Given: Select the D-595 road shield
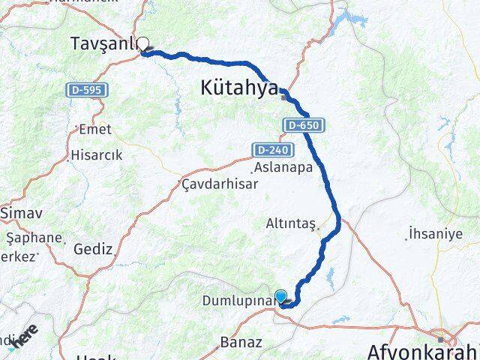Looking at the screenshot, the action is point(87,90).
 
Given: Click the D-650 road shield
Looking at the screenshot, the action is point(304,125).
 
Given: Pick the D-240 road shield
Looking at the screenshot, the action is point(266,150).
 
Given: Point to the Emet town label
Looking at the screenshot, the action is point(94,129).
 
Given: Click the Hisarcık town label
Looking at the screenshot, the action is point(96,155).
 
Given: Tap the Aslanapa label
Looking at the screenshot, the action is point(283,168).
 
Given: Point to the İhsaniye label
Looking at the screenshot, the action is point(436,233).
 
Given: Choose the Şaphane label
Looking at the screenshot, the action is point(34,238).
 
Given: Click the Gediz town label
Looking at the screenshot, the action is point(93,249).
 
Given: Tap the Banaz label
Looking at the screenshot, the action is point(241,343).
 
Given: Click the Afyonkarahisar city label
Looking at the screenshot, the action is point(424,351).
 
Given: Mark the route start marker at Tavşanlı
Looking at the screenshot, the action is point(142,43).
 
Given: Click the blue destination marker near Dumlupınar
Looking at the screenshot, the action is point(280,295).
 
